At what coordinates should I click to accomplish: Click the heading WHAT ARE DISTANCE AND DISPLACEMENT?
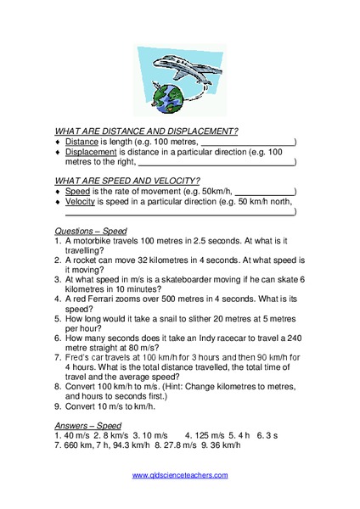146,131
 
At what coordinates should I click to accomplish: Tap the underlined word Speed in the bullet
77,191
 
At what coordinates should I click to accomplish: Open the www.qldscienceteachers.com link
179,499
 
